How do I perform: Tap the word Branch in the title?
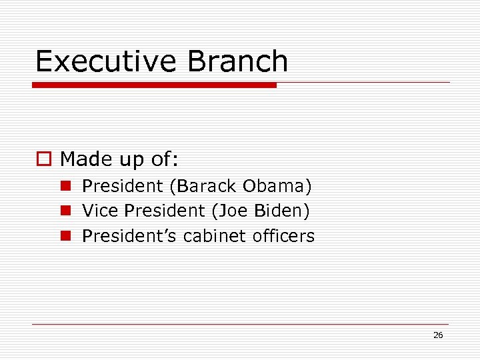click(238, 61)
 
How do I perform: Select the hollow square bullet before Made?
click(43, 159)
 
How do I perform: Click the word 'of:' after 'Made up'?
click(163, 159)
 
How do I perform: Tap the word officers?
click(284, 236)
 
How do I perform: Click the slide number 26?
click(438, 335)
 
